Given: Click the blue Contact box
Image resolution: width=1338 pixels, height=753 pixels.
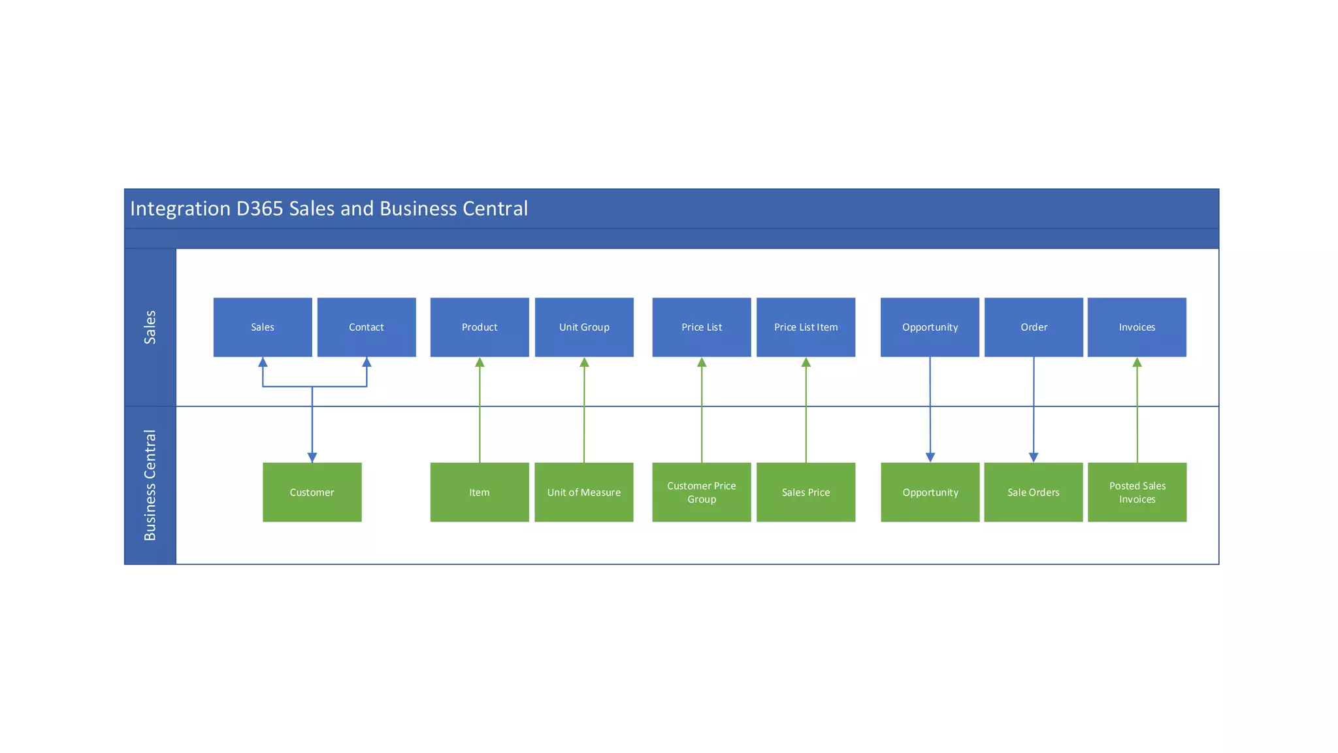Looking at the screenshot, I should (x=367, y=327).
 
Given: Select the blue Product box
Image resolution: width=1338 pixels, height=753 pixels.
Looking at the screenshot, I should (x=480, y=327).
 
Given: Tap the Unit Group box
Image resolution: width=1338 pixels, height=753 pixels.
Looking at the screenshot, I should (x=584, y=327).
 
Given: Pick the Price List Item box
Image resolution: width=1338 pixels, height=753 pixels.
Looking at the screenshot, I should (x=806, y=327).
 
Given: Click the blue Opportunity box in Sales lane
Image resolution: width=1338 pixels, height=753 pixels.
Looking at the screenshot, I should (x=930, y=327).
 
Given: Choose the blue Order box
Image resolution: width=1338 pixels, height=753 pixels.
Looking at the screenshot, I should (x=1034, y=327).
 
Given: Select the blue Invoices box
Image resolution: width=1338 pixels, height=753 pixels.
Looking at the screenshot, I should (x=1137, y=327).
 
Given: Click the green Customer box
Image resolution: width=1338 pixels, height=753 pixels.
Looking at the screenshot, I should (x=312, y=492).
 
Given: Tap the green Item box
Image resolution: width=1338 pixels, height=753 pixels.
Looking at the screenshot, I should (x=480, y=492).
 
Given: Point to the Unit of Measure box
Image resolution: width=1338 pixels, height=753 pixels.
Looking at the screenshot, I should (x=584, y=492).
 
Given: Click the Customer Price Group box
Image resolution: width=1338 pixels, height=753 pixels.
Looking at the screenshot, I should (x=702, y=492).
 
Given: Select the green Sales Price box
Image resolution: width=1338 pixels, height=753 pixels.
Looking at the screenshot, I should (x=806, y=492).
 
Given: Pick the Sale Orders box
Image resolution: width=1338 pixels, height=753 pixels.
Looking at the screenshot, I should (x=1034, y=492).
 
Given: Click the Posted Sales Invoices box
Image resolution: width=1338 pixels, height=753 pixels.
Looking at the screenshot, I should (x=1137, y=492).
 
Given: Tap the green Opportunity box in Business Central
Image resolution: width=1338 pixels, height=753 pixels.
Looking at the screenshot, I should (x=930, y=492).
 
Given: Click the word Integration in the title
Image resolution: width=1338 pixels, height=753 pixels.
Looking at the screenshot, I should (x=180, y=209).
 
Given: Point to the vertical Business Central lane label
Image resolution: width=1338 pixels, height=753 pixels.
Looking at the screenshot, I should (x=150, y=485).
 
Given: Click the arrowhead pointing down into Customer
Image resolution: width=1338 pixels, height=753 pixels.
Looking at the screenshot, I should (x=312, y=458).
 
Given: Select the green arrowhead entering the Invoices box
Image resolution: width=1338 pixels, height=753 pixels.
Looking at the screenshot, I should (x=1137, y=362).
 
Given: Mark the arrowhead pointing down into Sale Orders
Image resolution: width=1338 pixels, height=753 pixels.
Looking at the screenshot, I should (x=1034, y=458).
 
